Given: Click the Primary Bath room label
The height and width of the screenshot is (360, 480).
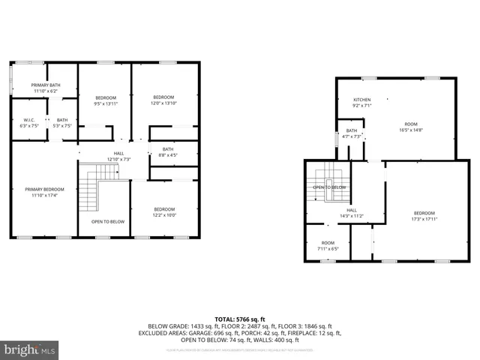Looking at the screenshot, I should click(44, 88).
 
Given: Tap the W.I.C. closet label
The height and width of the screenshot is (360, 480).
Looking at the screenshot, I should click(29, 123).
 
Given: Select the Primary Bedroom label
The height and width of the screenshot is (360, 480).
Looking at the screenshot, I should click(44, 192).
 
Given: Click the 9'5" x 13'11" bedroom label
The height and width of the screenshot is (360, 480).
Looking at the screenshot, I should click(106, 101).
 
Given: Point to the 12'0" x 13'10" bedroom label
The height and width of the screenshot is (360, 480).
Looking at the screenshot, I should click(164, 100).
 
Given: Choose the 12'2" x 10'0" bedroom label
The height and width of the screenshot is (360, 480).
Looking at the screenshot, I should click(165, 212).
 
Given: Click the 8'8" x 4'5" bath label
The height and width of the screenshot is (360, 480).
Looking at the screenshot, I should click(167, 152).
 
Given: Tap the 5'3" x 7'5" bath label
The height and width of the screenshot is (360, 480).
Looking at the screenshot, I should click(62, 123).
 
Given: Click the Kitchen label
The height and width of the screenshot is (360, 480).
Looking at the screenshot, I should click(362, 103).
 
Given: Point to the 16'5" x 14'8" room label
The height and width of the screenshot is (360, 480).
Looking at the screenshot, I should click(411, 127).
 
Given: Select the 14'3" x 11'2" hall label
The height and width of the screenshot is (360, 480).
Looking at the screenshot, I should click(352, 213).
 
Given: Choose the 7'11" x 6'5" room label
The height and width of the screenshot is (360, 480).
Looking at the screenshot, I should click(328, 245).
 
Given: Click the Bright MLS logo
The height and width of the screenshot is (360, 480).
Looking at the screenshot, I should click(30, 349).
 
